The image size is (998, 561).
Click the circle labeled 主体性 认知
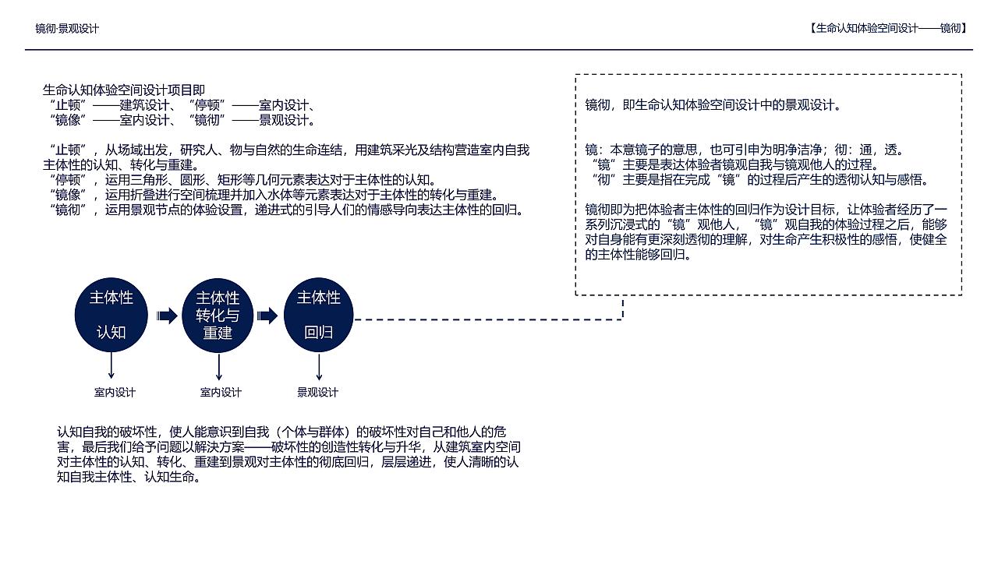(x=111, y=315)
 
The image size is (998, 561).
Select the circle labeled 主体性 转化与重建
(x=218, y=316)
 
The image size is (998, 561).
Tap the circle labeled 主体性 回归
(x=318, y=315)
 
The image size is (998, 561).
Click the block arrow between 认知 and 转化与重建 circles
(x=167, y=316)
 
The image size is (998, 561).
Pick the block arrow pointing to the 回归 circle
(x=267, y=316)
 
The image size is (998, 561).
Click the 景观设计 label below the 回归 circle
(x=318, y=392)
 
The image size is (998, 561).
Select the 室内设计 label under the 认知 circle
(x=115, y=392)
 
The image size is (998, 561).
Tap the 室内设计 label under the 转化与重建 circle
(x=221, y=392)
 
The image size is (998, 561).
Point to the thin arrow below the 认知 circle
(x=111, y=365)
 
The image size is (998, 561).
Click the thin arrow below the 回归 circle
(x=319, y=365)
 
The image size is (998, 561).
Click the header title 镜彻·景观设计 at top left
(x=67, y=29)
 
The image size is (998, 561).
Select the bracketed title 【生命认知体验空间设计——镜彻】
(x=888, y=28)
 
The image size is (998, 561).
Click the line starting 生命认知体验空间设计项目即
(x=124, y=90)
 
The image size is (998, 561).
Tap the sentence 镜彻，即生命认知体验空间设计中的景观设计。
(x=713, y=105)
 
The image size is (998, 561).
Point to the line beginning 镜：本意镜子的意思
(x=745, y=150)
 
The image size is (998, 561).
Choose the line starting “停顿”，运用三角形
(x=242, y=180)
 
